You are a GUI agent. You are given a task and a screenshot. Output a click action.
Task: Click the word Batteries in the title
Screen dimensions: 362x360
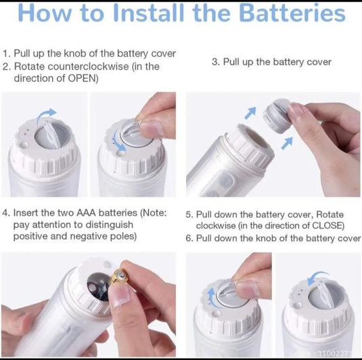tap(292, 13)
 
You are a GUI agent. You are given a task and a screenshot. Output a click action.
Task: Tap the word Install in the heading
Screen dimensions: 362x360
tap(149, 13)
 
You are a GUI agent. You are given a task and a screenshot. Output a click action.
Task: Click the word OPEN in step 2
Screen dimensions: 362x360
tap(82, 78)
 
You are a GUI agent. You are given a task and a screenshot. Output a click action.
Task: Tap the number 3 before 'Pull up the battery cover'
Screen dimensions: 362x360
tap(215, 62)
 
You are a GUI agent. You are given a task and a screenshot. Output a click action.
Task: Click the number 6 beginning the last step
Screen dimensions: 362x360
tap(189, 238)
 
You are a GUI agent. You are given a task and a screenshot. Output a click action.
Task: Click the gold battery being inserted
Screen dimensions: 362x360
tap(119, 277)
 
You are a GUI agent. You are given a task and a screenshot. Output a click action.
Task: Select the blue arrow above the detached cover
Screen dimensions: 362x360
tap(250, 112)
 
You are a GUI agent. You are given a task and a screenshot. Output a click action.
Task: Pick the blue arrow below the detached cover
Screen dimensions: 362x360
tap(287, 143)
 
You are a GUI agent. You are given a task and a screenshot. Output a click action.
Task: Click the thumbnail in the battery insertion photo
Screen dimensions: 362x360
tap(120, 294)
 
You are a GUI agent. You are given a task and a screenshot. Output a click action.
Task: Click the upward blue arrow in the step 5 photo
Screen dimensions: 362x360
tap(212, 298)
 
